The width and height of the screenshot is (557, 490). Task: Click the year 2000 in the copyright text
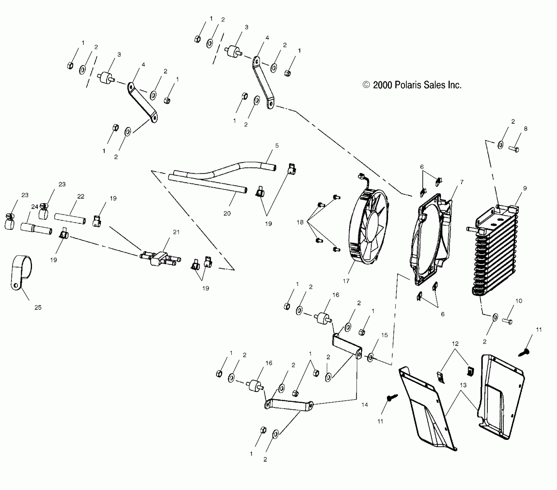click(382, 85)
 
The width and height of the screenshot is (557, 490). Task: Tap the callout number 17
click(346, 281)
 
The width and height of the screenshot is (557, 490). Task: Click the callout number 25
click(38, 308)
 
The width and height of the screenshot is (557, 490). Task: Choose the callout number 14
click(365, 405)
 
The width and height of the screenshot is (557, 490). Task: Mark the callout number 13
click(463, 385)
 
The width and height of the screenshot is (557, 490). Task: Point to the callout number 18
click(300, 222)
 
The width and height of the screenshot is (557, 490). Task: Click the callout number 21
click(176, 232)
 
